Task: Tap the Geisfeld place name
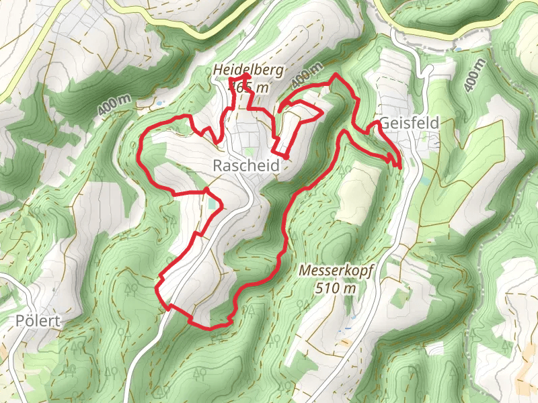pyautogui.click(x=409, y=123)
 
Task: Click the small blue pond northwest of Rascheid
pyautogui.click(x=160, y=102)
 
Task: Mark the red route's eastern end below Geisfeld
pyautogui.click(x=401, y=166)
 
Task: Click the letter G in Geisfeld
pyautogui.click(x=385, y=123)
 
